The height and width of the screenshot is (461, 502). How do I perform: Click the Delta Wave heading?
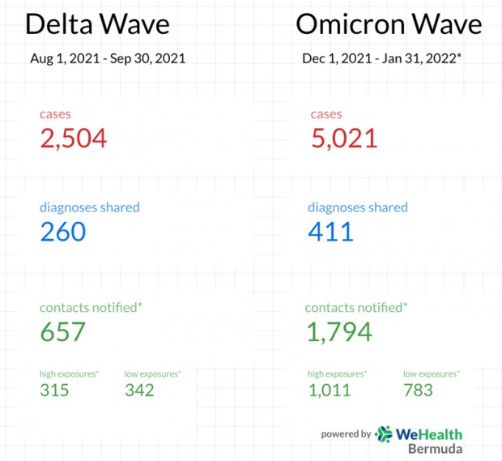click(x=97, y=23)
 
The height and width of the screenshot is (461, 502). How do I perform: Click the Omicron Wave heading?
click(x=389, y=23)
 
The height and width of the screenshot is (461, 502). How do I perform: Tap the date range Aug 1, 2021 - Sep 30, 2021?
click(x=108, y=58)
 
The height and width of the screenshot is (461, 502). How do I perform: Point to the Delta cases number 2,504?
click(x=73, y=138)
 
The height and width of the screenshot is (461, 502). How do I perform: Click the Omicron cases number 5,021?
click(x=344, y=138)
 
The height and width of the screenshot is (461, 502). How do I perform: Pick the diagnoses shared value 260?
click(x=63, y=232)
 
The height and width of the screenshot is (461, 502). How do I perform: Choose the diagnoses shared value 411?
click(x=331, y=232)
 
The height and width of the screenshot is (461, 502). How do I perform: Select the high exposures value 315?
click(x=54, y=391)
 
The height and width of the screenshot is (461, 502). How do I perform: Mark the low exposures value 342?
click(x=139, y=391)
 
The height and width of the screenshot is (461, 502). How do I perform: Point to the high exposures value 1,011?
click(x=330, y=391)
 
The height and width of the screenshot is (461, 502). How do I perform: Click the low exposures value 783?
click(x=418, y=391)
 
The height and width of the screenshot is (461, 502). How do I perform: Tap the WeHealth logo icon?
click(x=384, y=434)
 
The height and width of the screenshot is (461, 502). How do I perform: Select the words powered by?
click(x=346, y=434)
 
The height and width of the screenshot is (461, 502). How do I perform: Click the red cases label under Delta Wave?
click(x=55, y=114)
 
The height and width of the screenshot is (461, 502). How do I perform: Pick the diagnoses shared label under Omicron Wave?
click(x=357, y=207)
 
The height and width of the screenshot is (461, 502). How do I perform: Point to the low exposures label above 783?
click(x=431, y=373)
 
